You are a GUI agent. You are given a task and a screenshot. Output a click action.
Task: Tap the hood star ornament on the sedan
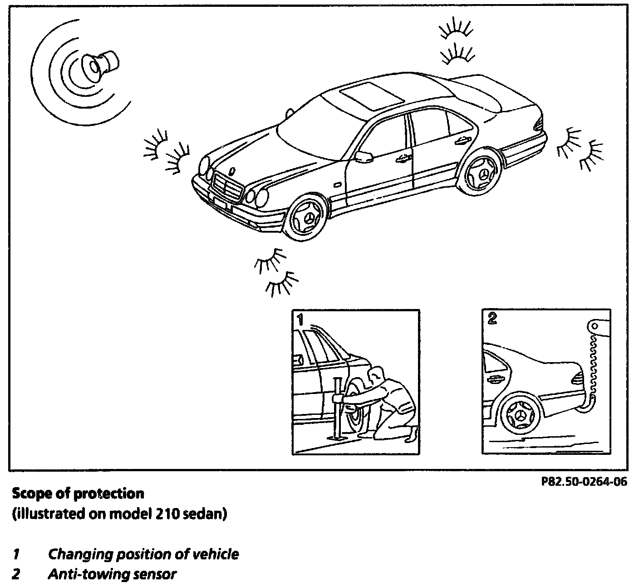click(x=232, y=171)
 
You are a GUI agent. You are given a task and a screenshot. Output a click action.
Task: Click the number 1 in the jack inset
click(x=300, y=319)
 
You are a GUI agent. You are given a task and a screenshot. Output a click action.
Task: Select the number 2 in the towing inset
click(x=492, y=318)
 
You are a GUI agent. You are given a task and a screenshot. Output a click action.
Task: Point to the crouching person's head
click(x=374, y=376)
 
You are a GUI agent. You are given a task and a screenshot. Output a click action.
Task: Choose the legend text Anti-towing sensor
click(x=112, y=574)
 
